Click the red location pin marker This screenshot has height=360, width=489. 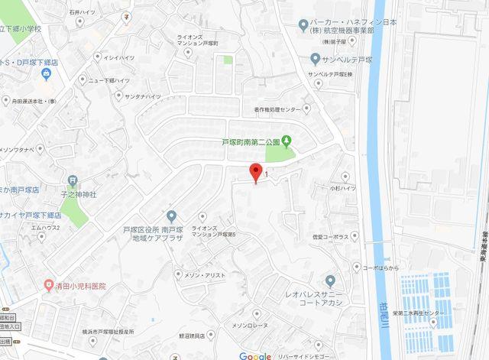255,173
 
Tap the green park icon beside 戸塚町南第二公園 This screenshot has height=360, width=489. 287,141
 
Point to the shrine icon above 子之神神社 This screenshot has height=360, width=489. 73,181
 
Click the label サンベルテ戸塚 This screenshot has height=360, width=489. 352,58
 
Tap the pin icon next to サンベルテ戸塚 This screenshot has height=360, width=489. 315,58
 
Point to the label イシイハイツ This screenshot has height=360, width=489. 119,57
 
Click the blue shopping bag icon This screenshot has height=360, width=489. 46,73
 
